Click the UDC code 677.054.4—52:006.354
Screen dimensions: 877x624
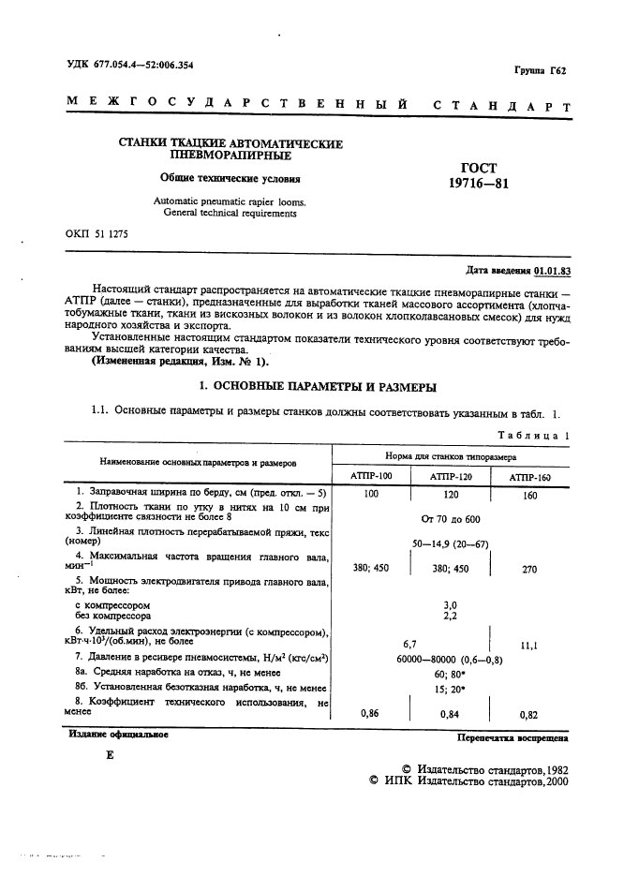(x=142, y=65)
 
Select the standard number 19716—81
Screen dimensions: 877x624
(x=479, y=185)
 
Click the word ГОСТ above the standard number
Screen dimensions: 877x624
(x=478, y=167)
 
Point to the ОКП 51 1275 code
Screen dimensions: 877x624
(x=97, y=232)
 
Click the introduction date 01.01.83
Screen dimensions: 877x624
(x=552, y=270)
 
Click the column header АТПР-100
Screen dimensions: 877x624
(x=371, y=477)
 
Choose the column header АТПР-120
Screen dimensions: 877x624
(x=451, y=477)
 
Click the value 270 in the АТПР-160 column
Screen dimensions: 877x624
(x=529, y=568)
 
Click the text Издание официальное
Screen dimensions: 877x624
(x=118, y=735)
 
